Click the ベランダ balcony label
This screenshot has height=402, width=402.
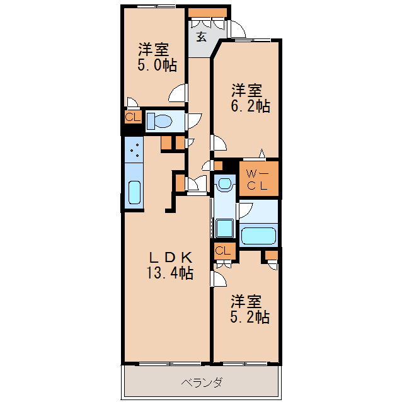[x=202, y=382]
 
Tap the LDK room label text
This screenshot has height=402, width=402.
[x=170, y=258]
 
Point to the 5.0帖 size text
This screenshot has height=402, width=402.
[x=158, y=64]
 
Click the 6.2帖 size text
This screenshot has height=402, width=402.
[x=250, y=106]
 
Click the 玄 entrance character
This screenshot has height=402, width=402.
[x=201, y=37]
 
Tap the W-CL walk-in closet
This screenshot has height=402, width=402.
[x=258, y=180]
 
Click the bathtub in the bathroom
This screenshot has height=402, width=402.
[x=259, y=235]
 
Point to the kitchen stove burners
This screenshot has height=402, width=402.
[x=134, y=149]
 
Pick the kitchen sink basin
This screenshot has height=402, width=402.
[x=134, y=192]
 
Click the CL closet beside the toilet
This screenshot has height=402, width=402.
[x=132, y=118]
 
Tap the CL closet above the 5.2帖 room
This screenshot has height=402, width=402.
[x=223, y=251]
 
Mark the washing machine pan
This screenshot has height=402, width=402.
[x=224, y=227]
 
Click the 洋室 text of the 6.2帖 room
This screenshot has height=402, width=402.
[x=246, y=89]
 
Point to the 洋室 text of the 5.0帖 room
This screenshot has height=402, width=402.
[x=153, y=48]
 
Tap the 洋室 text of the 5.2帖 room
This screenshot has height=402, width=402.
[x=246, y=300]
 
